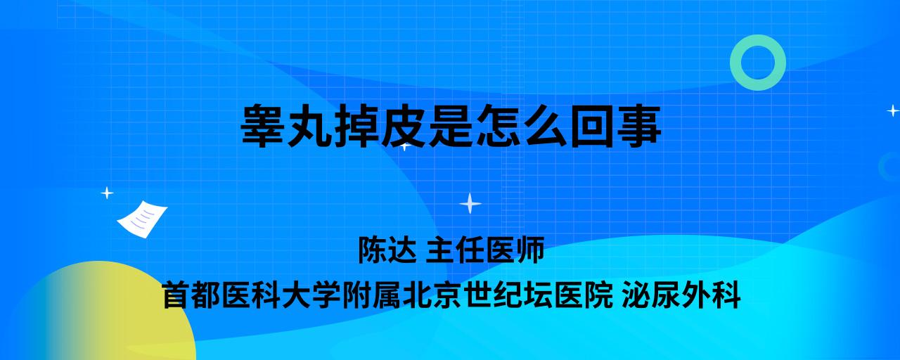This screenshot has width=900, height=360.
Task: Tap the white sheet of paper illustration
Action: point(142,219)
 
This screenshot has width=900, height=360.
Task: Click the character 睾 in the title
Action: point(263,125)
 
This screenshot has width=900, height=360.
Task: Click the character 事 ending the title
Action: point(638,125)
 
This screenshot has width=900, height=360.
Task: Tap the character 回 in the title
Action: point(592,125)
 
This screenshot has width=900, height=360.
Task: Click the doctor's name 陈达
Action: point(387,250)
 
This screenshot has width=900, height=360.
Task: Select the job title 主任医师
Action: point(485,250)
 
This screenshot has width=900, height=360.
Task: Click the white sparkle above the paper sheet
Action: point(107,193)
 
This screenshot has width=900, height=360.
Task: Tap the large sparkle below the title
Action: point(470,204)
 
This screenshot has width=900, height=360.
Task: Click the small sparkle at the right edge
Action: point(893,110)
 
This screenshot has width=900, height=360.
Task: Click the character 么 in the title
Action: point(545,125)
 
